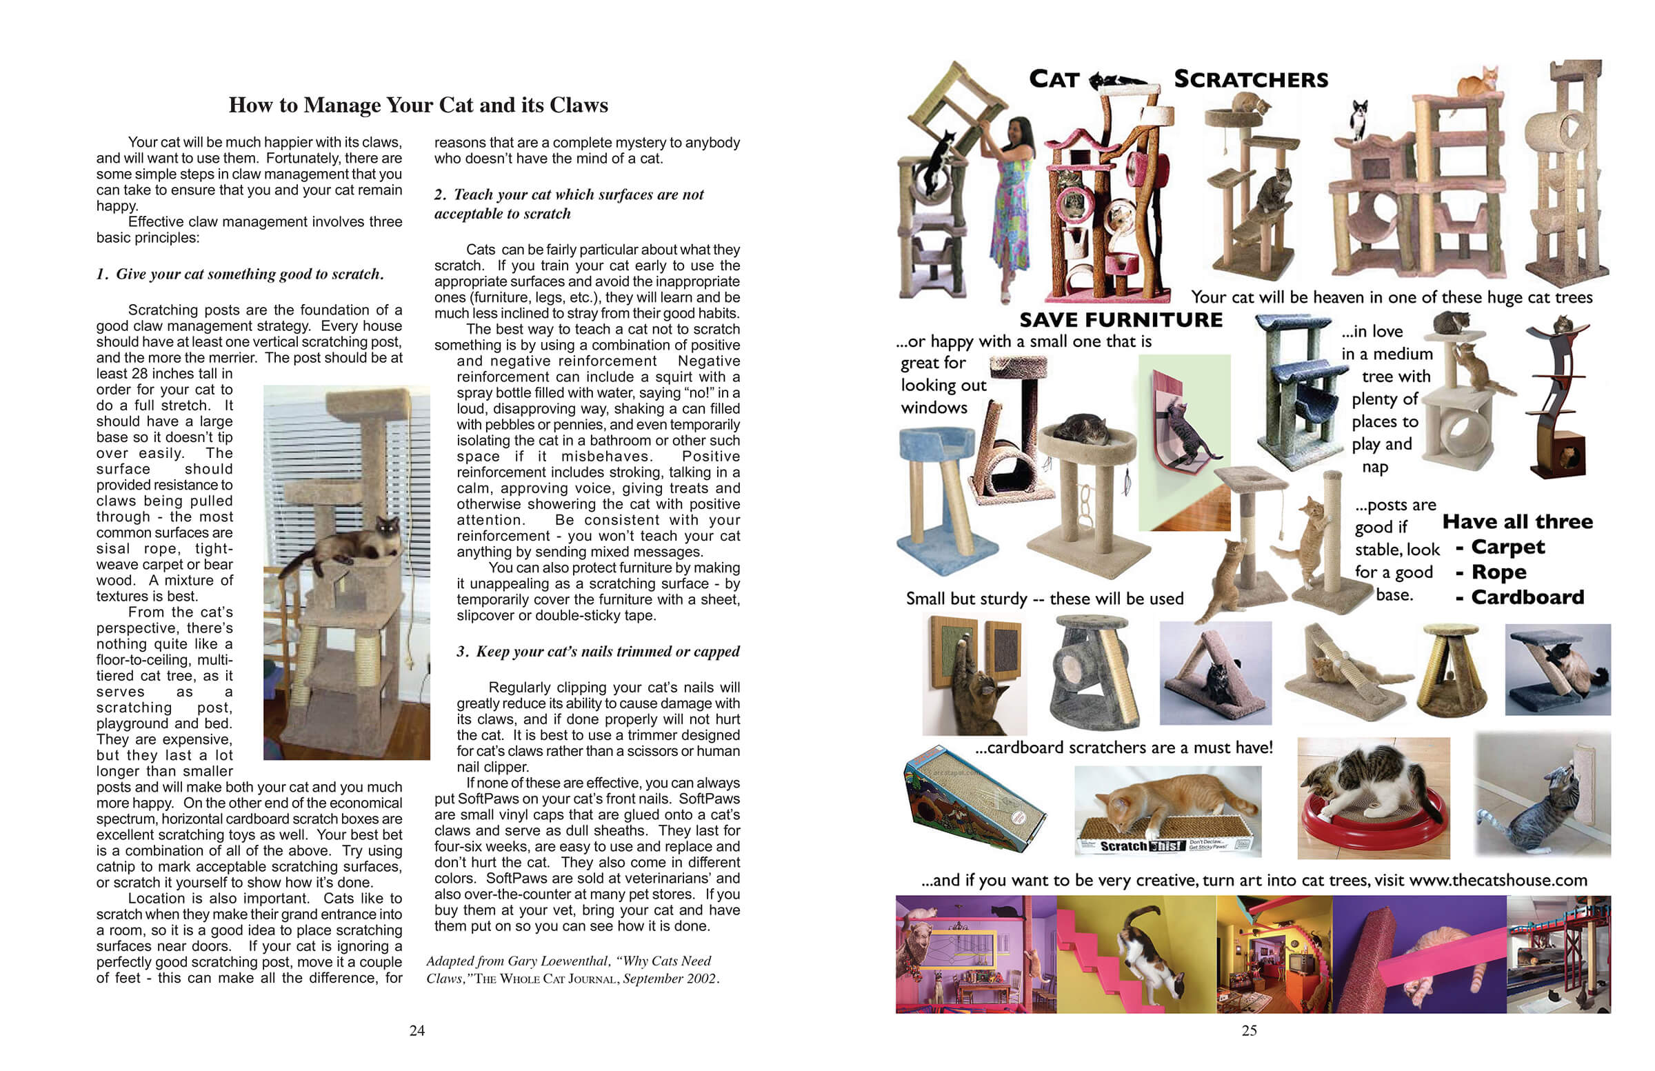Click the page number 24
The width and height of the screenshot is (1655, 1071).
click(x=417, y=1031)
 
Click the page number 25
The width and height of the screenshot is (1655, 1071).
click(x=1249, y=1031)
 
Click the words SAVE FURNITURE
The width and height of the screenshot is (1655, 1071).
click(x=1121, y=320)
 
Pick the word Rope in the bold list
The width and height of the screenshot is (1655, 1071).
click(x=1498, y=572)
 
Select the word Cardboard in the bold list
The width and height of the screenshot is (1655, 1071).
click(x=1527, y=597)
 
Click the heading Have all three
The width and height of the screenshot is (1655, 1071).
click(x=1517, y=521)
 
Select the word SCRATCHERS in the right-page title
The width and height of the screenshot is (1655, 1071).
click(x=1250, y=79)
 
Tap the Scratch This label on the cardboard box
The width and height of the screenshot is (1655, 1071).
click(x=1141, y=846)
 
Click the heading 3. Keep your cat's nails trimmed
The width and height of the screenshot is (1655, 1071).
click(x=597, y=652)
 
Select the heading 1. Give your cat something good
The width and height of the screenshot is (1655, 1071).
click(x=240, y=274)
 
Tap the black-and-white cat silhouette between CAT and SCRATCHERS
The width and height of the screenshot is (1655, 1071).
click(x=1119, y=81)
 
